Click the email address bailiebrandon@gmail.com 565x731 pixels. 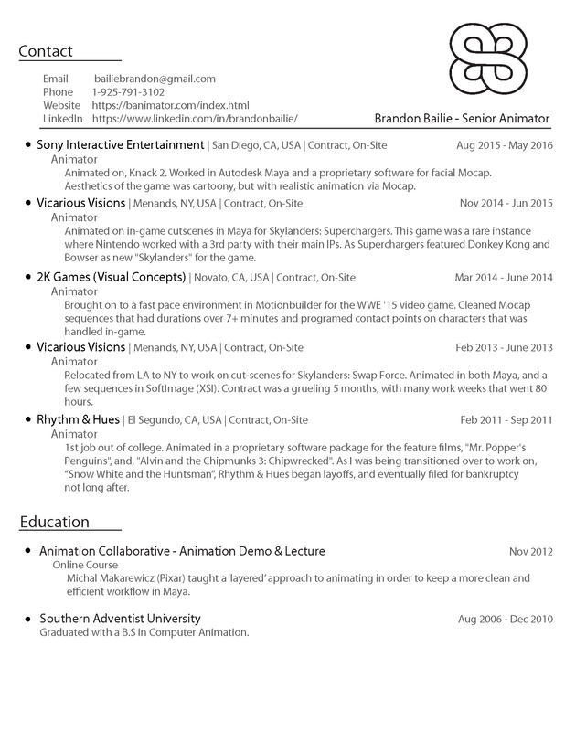155,79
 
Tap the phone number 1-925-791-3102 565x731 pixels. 129,92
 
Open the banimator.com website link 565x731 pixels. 170,106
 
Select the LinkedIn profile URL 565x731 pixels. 195,120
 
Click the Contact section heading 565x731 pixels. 46,51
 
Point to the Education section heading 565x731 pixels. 54,522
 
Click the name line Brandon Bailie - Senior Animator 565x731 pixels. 461,119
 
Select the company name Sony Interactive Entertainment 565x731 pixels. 121,145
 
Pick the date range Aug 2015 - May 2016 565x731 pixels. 504,146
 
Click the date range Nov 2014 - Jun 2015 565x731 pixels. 506,203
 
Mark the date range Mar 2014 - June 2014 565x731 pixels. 504,278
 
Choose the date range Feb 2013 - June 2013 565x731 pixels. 505,347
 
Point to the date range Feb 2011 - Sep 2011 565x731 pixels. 506,420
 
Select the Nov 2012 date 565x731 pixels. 531,552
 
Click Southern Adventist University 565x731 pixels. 120,619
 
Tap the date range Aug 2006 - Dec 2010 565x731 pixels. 506,620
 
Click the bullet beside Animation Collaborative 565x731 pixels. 28,551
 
